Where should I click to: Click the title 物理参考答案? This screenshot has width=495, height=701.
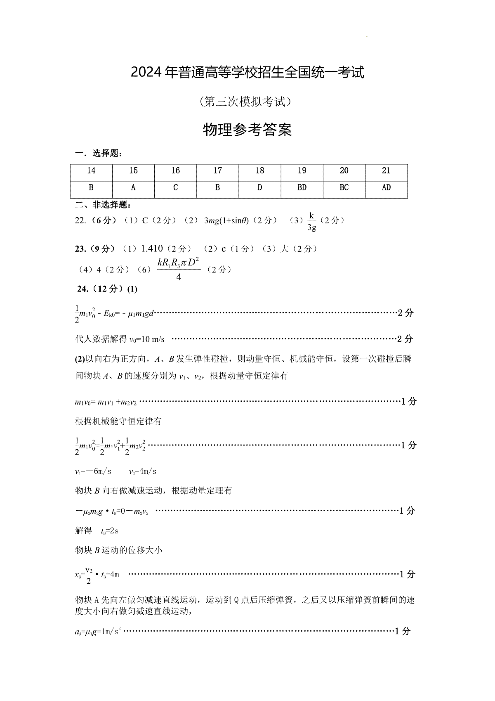[247, 130]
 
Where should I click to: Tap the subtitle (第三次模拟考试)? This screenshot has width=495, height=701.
[247, 102]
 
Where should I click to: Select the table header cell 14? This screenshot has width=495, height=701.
[91, 171]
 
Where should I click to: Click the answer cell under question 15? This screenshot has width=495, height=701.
[133, 188]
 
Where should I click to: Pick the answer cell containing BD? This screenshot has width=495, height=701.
[302, 188]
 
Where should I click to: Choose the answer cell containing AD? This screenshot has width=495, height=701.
[386, 188]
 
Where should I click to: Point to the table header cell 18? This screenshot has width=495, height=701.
[260, 171]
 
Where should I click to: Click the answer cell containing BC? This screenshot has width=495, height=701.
[344, 188]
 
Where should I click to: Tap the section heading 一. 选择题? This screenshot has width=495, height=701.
[99, 154]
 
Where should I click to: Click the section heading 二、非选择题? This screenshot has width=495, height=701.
[103, 205]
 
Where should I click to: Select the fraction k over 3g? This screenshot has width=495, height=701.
[312, 221]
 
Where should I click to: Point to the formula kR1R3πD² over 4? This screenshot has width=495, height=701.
[179, 269]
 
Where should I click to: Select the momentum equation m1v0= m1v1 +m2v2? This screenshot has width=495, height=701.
[106, 402]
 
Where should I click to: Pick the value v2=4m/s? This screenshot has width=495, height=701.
[142, 471]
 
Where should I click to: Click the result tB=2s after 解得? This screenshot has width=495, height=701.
[110, 531]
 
